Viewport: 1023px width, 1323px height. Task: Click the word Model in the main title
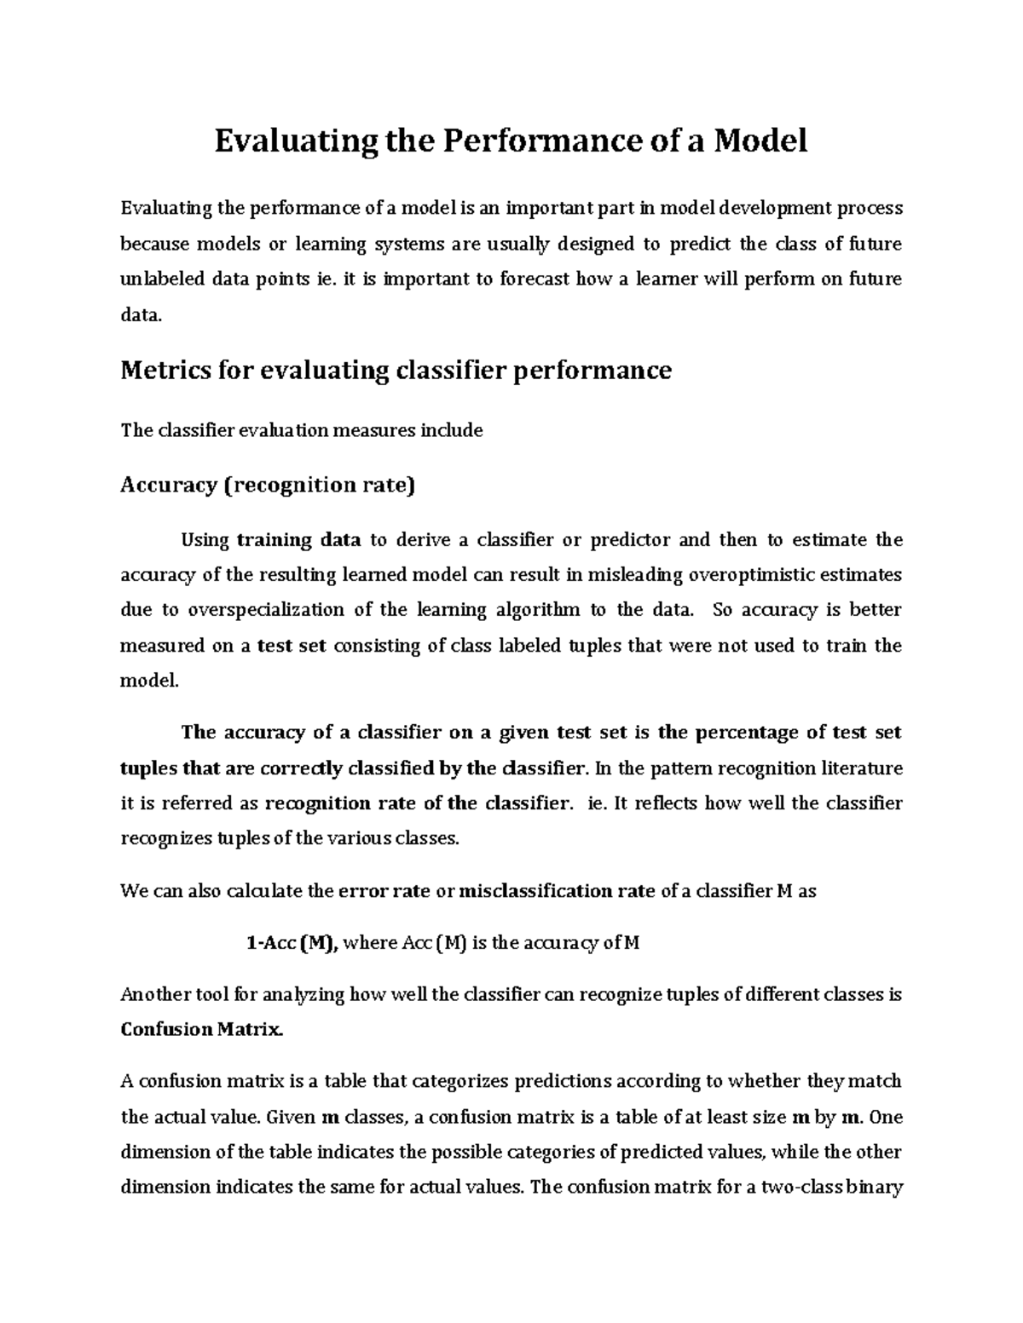click(x=760, y=141)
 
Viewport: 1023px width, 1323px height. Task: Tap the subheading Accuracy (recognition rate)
click(x=268, y=486)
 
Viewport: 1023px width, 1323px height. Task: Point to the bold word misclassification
click(x=535, y=892)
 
